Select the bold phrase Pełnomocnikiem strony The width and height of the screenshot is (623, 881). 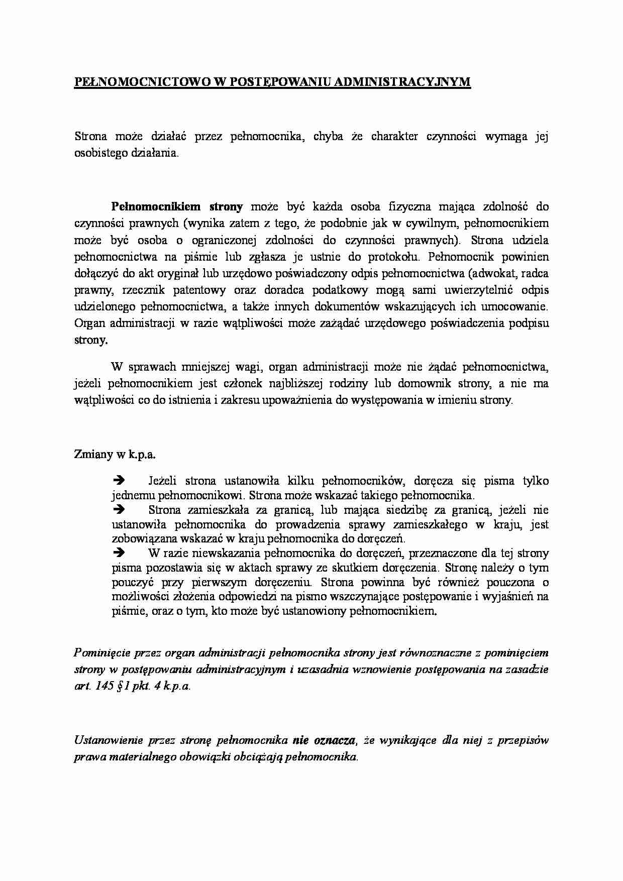[177, 206]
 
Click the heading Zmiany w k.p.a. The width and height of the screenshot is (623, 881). [115, 454]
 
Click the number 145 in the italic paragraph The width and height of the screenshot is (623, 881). [106, 687]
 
